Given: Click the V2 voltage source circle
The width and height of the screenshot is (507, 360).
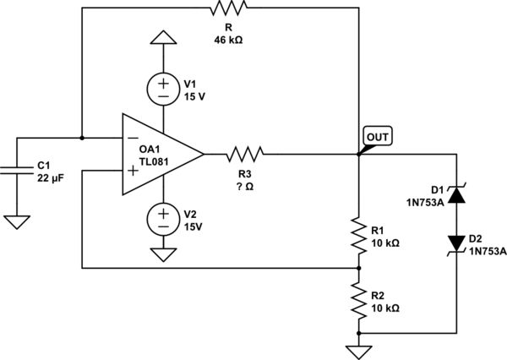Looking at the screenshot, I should (162, 219).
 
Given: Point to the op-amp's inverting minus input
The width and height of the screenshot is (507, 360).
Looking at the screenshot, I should (134, 138).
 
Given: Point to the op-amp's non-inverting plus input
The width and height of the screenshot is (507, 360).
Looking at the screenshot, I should (134, 171).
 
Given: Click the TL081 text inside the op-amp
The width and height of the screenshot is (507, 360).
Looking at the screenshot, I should (155, 161).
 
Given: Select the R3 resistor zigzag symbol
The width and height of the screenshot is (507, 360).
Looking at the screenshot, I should (245, 154).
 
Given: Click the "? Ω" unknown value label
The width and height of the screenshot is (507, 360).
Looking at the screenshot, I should (245, 186).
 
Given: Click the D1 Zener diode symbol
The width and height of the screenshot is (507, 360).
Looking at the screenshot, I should (456, 194).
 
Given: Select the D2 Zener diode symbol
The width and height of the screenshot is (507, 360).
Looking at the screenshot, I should (456, 244).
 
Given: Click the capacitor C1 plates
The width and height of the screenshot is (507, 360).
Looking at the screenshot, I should (17, 170).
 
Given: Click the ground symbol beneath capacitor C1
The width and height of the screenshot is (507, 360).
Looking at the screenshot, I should (17, 222).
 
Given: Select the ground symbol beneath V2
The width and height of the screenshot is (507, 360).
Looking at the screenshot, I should (162, 254).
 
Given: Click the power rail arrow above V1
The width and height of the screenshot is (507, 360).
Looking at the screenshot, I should (162, 38).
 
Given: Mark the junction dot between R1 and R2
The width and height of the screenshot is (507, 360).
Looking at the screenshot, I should (359, 268).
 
